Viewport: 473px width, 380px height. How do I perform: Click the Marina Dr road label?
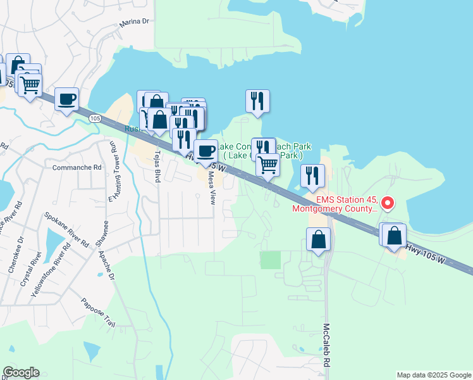click(x=135, y=22)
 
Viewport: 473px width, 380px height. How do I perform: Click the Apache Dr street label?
click(x=106, y=265)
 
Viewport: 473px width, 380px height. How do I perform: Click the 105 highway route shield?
click(x=95, y=118)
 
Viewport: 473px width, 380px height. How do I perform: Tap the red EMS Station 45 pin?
click(x=388, y=203)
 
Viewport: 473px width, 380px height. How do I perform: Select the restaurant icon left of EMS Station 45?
click(x=312, y=175)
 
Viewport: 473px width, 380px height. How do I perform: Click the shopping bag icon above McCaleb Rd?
click(x=318, y=239)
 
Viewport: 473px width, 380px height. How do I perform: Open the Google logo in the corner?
click(x=21, y=372)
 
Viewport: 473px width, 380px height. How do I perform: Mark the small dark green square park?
click(x=270, y=260)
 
